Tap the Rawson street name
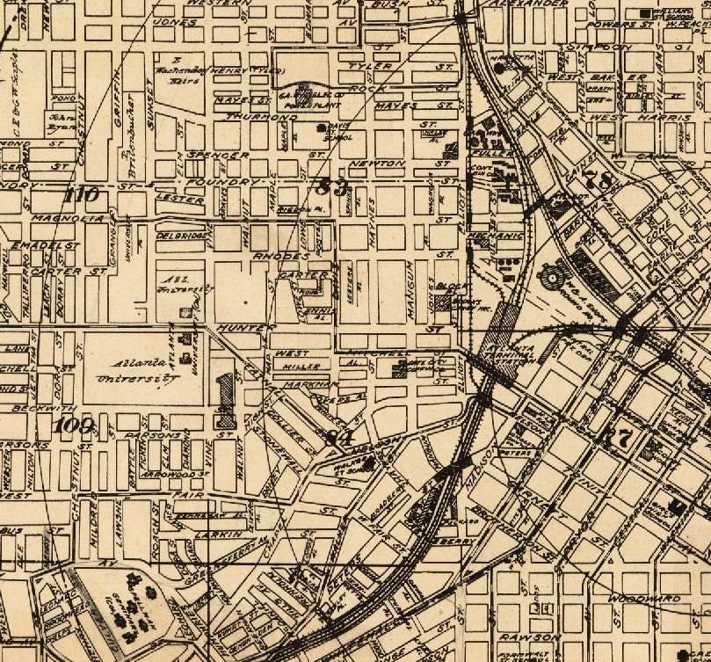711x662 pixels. [531, 637]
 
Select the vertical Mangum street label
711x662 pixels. [410, 282]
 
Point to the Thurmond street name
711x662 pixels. [261, 116]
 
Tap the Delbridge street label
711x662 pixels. [181, 236]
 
